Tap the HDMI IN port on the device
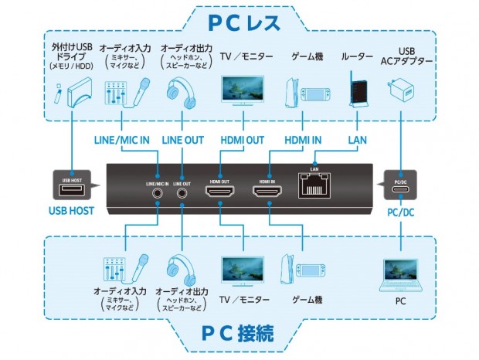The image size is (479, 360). [269, 191]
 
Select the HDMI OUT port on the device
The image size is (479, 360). [220, 191]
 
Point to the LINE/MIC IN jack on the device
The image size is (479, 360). [158, 193]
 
